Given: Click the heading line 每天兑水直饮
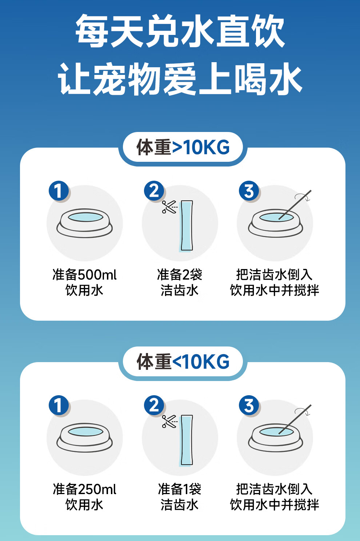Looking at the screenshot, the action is pos(180,31).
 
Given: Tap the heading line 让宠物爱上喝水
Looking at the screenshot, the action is pos(180,79).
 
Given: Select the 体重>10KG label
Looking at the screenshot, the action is pos(183,147).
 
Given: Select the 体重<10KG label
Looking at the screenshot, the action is pos(183,361).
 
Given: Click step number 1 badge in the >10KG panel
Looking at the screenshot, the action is pos(59,191).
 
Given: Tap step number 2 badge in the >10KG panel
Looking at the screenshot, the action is pos(154,191).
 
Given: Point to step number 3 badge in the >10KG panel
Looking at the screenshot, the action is pos(249,191).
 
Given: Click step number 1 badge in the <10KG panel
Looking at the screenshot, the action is pos(59,405).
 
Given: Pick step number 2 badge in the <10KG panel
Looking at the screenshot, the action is pos(154,405).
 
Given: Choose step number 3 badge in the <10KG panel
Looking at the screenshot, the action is pos(249,405).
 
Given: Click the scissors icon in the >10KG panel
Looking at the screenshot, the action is pos(169,207).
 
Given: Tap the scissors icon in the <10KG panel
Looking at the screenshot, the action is pos(169,421).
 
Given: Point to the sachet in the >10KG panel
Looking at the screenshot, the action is pos(187,226).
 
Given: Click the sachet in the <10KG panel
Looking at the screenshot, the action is pos(187,440).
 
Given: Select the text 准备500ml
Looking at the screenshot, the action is pos(85,275).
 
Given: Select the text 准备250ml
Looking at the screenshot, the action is pos(85,489).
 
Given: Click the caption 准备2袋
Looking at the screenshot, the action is pos(180,275).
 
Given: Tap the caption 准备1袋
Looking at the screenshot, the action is pos(180,489).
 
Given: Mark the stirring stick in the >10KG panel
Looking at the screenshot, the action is pos(295,205).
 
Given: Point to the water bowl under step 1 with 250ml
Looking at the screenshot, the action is pos(85,437).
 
